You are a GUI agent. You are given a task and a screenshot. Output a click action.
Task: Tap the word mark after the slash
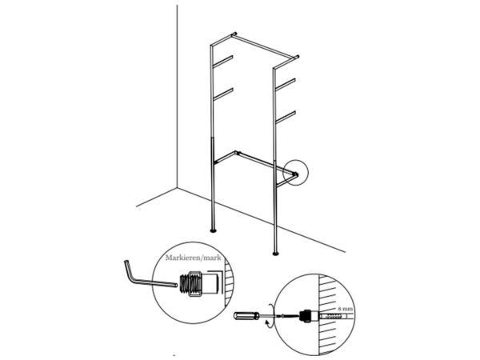click(x=211, y=258)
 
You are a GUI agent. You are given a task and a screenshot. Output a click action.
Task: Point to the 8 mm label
click(x=345, y=309)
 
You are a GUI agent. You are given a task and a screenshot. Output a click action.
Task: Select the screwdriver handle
click(x=247, y=316)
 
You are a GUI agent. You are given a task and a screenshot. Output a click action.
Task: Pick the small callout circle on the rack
click(x=295, y=173)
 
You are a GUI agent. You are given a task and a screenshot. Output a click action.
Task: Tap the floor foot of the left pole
click(x=214, y=230)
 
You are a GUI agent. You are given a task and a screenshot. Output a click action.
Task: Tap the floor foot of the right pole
click(x=276, y=253)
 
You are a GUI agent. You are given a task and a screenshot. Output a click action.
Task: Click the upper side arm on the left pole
click(x=223, y=61)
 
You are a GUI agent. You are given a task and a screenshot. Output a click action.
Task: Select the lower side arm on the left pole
click(x=223, y=94)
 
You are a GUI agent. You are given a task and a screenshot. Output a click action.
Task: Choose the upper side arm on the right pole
click(x=286, y=84)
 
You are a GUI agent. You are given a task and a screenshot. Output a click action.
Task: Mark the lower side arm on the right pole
click(x=286, y=117)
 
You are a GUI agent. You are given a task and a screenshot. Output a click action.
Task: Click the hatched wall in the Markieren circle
click(x=228, y=283)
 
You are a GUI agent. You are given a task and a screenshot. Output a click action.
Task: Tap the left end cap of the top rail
click(x=234, y=34)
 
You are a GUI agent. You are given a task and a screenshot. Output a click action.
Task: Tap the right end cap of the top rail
click(x=296, y=57)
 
